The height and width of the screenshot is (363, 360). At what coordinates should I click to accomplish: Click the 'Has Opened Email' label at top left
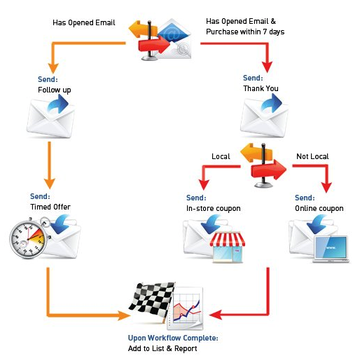click(x=83, y=22)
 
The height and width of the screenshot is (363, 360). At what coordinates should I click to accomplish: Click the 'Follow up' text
click(x=54, y=90)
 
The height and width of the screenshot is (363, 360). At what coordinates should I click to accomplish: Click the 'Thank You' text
click(x=261, y=89)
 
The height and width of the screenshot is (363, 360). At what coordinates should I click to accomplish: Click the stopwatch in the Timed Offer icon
click(x=28, y=239)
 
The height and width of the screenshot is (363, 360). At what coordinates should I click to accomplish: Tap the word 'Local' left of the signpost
click(x=221, y=156)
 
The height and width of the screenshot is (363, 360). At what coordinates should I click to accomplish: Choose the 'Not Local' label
click(x=312, y=156)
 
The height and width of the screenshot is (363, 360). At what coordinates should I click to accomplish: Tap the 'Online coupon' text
click(x=319, y=208)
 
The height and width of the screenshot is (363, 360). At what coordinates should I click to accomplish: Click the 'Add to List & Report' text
click(x=163, y=348)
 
